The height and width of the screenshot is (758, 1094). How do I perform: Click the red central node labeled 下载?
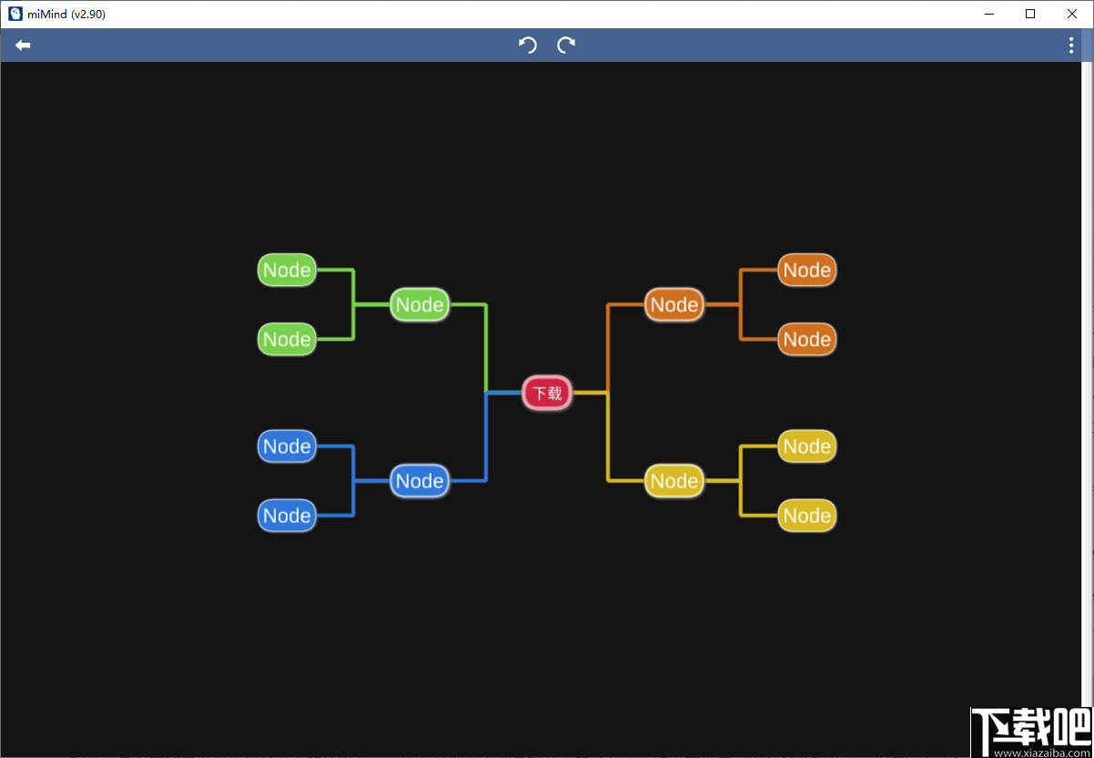click(x=547, y=393)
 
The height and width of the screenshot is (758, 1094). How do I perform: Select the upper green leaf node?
click(x=287, y=270)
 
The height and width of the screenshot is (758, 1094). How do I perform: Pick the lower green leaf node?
click(x=287, y=339)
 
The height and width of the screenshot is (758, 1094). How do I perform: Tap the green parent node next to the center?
click(x=420, y=304)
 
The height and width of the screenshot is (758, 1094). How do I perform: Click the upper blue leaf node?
click(x=287, y=446)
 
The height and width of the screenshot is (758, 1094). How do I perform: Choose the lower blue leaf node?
click(x=287, y=516)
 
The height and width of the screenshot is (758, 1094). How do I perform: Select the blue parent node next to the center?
click(x=420, y=481)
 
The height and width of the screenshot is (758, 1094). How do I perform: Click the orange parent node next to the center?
click(x=674, y=304)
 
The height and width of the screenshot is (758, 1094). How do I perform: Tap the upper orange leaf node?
click(x=806, y=270)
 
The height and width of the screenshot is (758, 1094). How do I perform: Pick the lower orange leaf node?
click(x=806, y=339)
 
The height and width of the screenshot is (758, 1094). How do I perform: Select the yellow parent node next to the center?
click(x=674, y=481)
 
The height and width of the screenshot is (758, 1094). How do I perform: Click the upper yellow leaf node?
click(x=806, y=446)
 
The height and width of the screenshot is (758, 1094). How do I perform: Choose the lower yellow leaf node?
click(x=806, y=516)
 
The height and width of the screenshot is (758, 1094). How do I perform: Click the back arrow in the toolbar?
click(x=23, y=46)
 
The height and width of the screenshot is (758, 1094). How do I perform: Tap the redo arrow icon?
click(x=566, y=45)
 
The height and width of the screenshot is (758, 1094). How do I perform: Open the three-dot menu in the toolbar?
click(x=1071, y=45)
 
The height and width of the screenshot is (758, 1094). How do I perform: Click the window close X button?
click(x=1072, y=14)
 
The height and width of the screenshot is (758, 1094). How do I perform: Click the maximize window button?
click(x=1030, y=14)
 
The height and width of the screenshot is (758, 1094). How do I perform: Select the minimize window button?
click(x=989, y=15)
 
